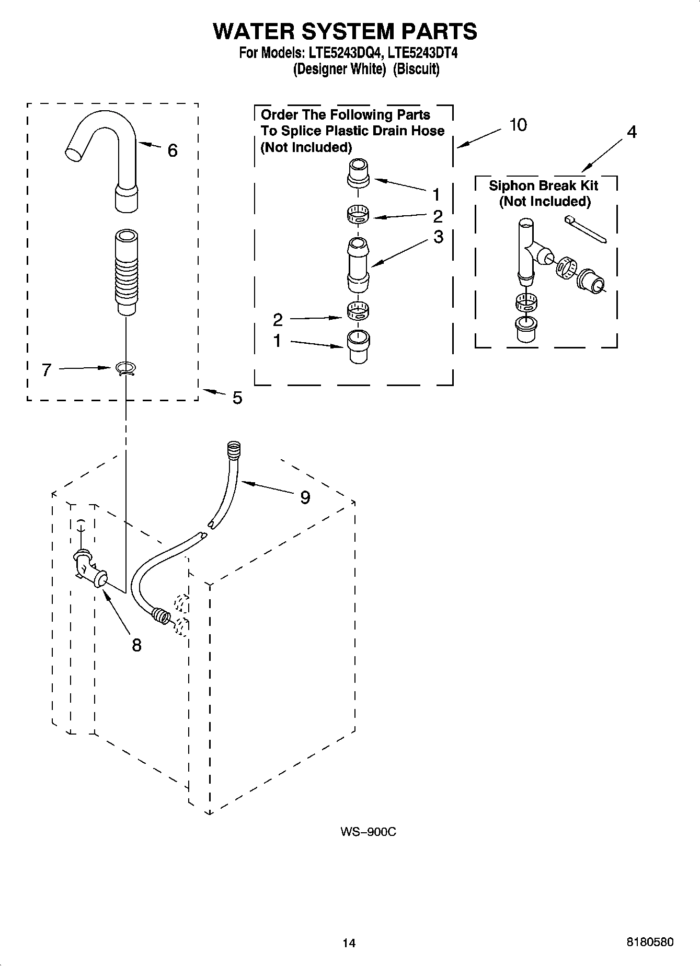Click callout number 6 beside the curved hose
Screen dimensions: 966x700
[172, 150]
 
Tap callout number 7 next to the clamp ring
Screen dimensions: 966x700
[47, 370]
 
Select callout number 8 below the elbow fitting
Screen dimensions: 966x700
[136, 645]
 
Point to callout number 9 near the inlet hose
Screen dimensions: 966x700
[305, 497]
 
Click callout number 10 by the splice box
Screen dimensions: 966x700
[518, 125]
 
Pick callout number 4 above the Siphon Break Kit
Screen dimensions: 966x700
[632, 132]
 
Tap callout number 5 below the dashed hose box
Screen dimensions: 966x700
[237, 398]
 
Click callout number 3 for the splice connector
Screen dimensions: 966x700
[438, 237]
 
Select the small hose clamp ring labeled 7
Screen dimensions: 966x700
[125, 369]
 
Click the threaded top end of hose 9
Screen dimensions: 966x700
[234, 448]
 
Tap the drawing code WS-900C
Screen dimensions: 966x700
[368, 832]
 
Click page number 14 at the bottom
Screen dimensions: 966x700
[349, 942]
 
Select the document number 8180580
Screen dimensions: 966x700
[650, 942]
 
